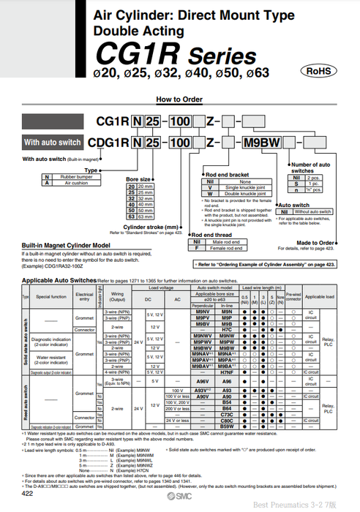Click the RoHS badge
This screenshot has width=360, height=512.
click(x=318, y=71)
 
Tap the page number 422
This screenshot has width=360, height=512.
click(x=27, y=495)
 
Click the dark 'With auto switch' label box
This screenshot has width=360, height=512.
click(x=52, y=143)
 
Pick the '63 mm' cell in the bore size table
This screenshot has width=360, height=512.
click(x=144, y=217)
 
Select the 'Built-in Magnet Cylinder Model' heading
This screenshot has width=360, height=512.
click(x=66, y=245)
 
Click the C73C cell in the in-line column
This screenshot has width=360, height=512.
click(x=227, y=413)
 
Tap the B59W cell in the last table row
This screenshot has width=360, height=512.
click(x=227, y=426)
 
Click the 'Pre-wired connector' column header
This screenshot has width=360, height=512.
click(x=293, y=297)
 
